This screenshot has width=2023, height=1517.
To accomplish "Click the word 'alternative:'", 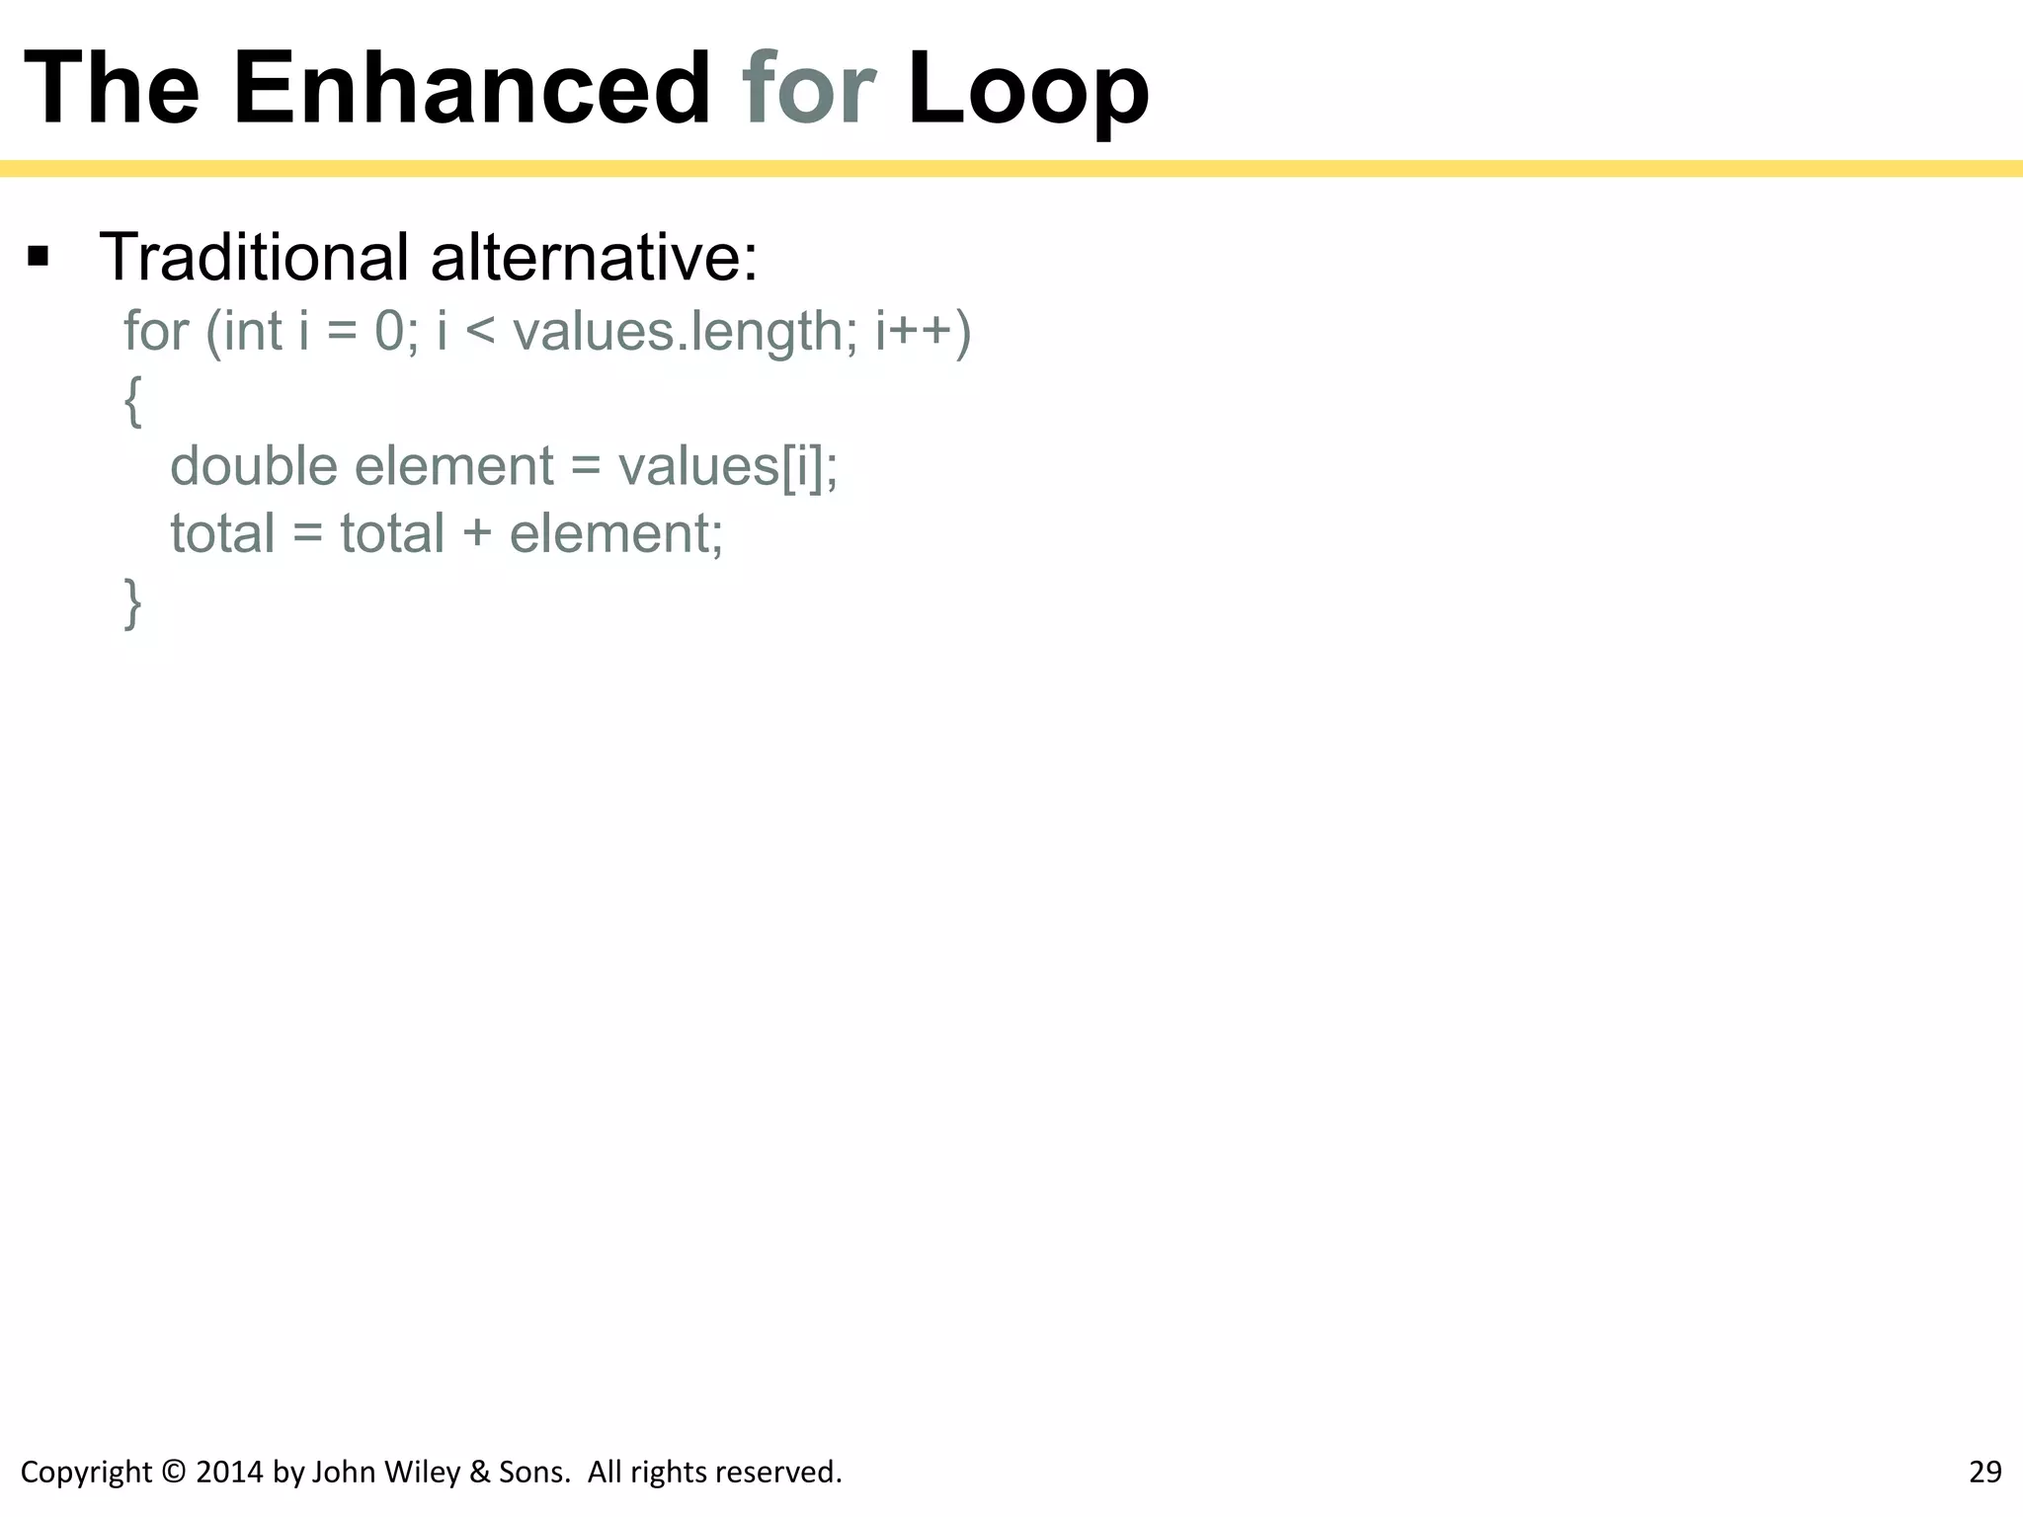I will coord(594,257).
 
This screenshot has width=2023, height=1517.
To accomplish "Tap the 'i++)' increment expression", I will coord(923,331).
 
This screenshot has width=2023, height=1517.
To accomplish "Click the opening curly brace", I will coord(132,401).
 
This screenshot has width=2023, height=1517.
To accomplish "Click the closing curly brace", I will coord(132,603).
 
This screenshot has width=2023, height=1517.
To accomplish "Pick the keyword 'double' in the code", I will coord(254,466).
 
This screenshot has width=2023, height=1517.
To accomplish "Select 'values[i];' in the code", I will coord(727,466).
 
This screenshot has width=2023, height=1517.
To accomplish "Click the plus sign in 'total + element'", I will coord(476,533).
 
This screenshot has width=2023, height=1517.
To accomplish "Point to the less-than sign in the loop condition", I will coord(479,332).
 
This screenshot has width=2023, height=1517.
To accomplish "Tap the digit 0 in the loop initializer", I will coord(389,331).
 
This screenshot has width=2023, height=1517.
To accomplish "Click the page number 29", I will coord(1984,1473).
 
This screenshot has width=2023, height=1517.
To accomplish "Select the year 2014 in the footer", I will coord(229,1473).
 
